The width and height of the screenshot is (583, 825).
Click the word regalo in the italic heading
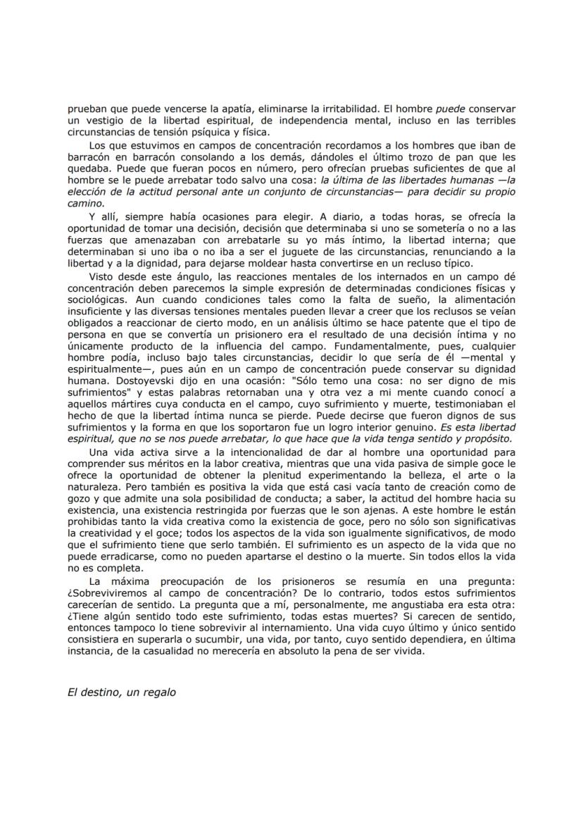[x=159, y=692]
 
